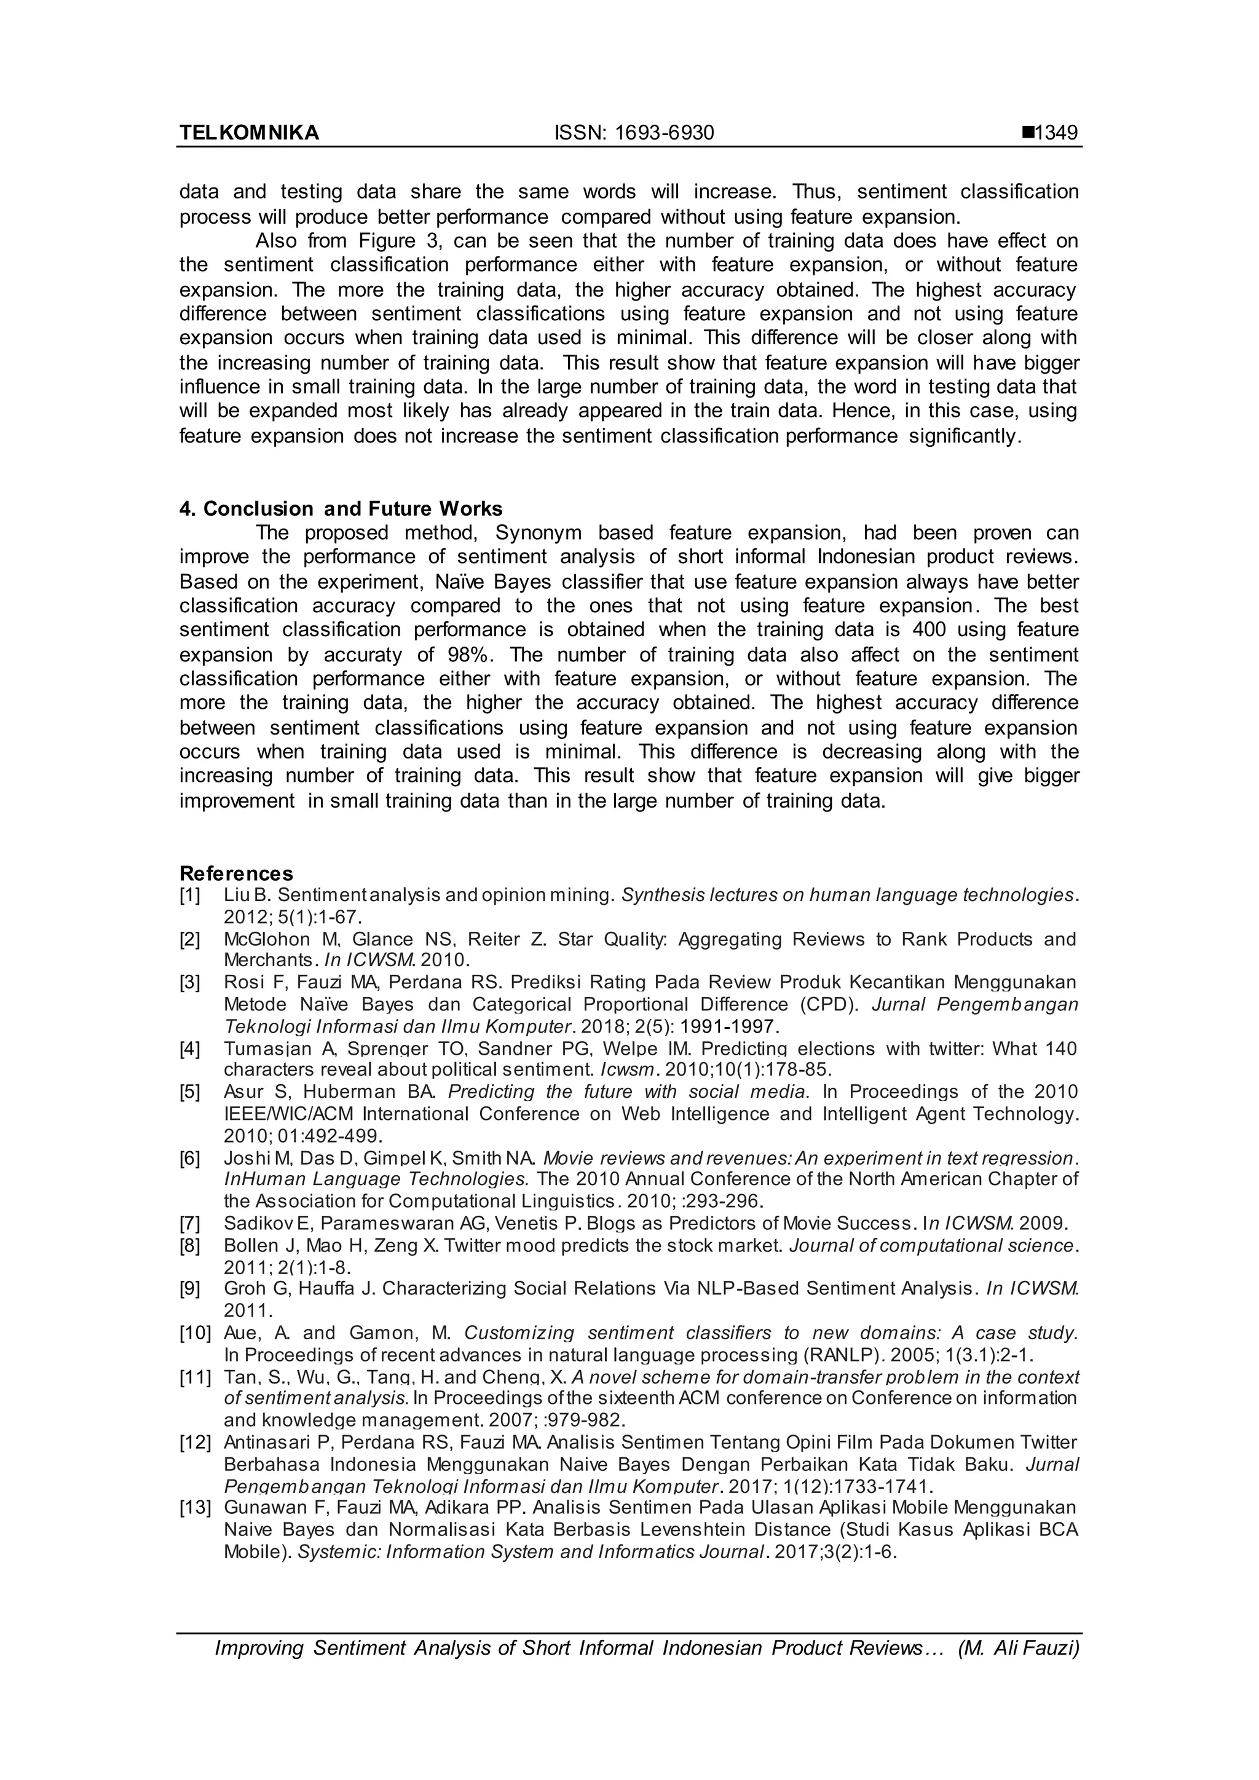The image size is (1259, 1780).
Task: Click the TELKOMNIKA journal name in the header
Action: click(x=249, y=133)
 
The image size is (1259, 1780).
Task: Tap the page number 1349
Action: click(x=1057, y=133)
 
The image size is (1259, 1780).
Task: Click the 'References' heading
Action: click(x=237, y=874)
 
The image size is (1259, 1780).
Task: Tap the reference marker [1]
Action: click(x=190, y=896)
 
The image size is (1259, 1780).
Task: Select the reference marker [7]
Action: click(x=190, y=1223)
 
